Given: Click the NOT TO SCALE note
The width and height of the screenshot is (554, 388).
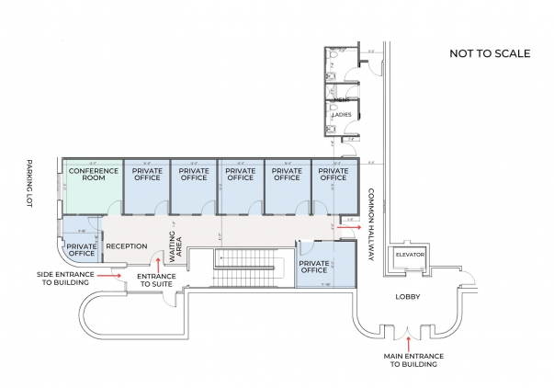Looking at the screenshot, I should click(x=489, y=53).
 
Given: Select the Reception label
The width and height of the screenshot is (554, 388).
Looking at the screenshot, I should click(x=127, y=246).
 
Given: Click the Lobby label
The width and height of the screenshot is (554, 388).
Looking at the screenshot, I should click(x=407, y=297).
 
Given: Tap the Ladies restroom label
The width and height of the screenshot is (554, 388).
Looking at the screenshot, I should click(x=341, y=115).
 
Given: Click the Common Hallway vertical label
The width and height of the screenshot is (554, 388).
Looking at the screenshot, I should click(x=372, y=224).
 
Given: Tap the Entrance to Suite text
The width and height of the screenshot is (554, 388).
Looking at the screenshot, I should click(x=156, y=280).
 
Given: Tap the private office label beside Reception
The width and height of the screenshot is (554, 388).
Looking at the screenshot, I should click(x=82, y=251).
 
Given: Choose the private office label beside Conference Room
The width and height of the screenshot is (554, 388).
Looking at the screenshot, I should click(x=147, y=174).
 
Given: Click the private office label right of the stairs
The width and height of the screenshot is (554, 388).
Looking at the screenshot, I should click(x=314, y=266).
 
